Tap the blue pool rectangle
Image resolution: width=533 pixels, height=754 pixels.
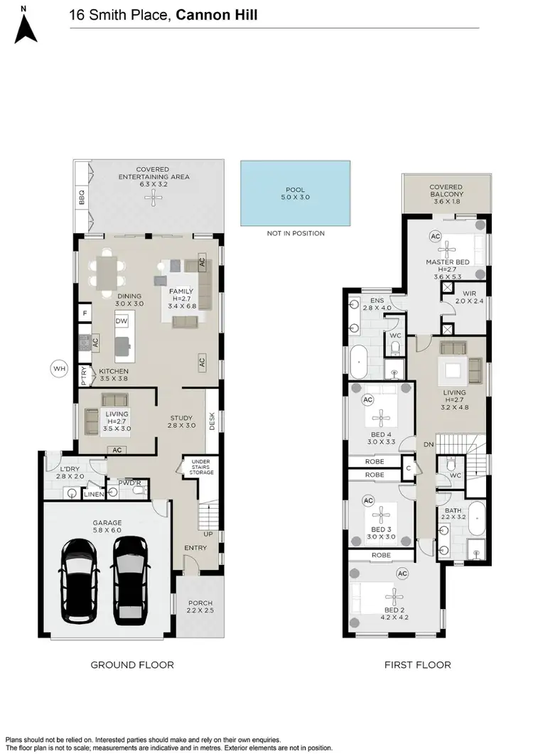[x=295, y=193]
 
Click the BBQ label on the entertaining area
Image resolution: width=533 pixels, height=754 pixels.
[x=81, y=198]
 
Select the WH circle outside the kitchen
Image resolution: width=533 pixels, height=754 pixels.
[x=59, y=368]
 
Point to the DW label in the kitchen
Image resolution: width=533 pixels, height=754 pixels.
[x=121, y=322]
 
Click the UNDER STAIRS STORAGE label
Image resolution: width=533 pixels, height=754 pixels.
[x=201, y=467]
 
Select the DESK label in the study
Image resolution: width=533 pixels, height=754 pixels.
[x=212, y=422]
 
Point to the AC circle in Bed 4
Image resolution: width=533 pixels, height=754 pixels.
[x=368, y=400]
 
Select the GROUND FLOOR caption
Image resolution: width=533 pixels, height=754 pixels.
[x=132, y=665]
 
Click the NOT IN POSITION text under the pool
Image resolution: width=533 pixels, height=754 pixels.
[x=296, y=233]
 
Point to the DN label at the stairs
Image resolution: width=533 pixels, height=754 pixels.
[x=429, y=444]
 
